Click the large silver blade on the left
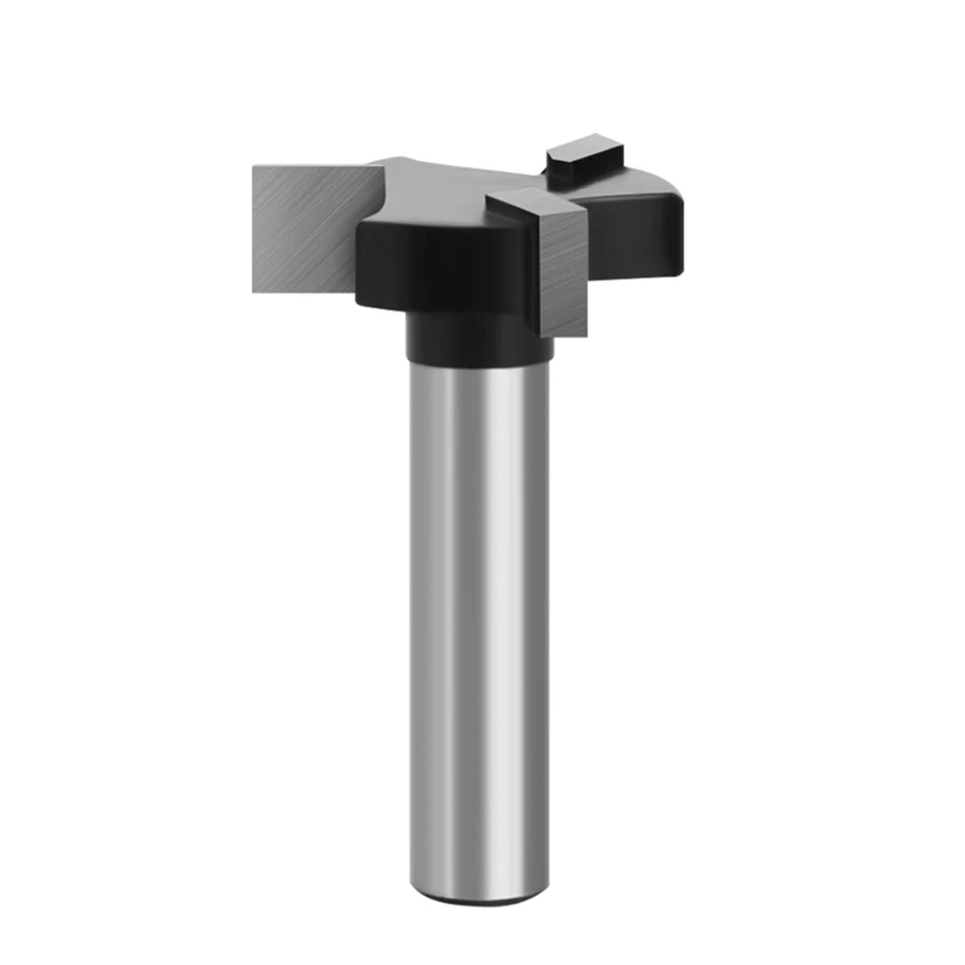(x=304, y=228)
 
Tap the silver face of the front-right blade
(x=564, y=275)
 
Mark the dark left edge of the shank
(x=414, y=627)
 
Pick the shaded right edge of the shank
(x=546, y=627)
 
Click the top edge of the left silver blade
(x=308, y=166)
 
